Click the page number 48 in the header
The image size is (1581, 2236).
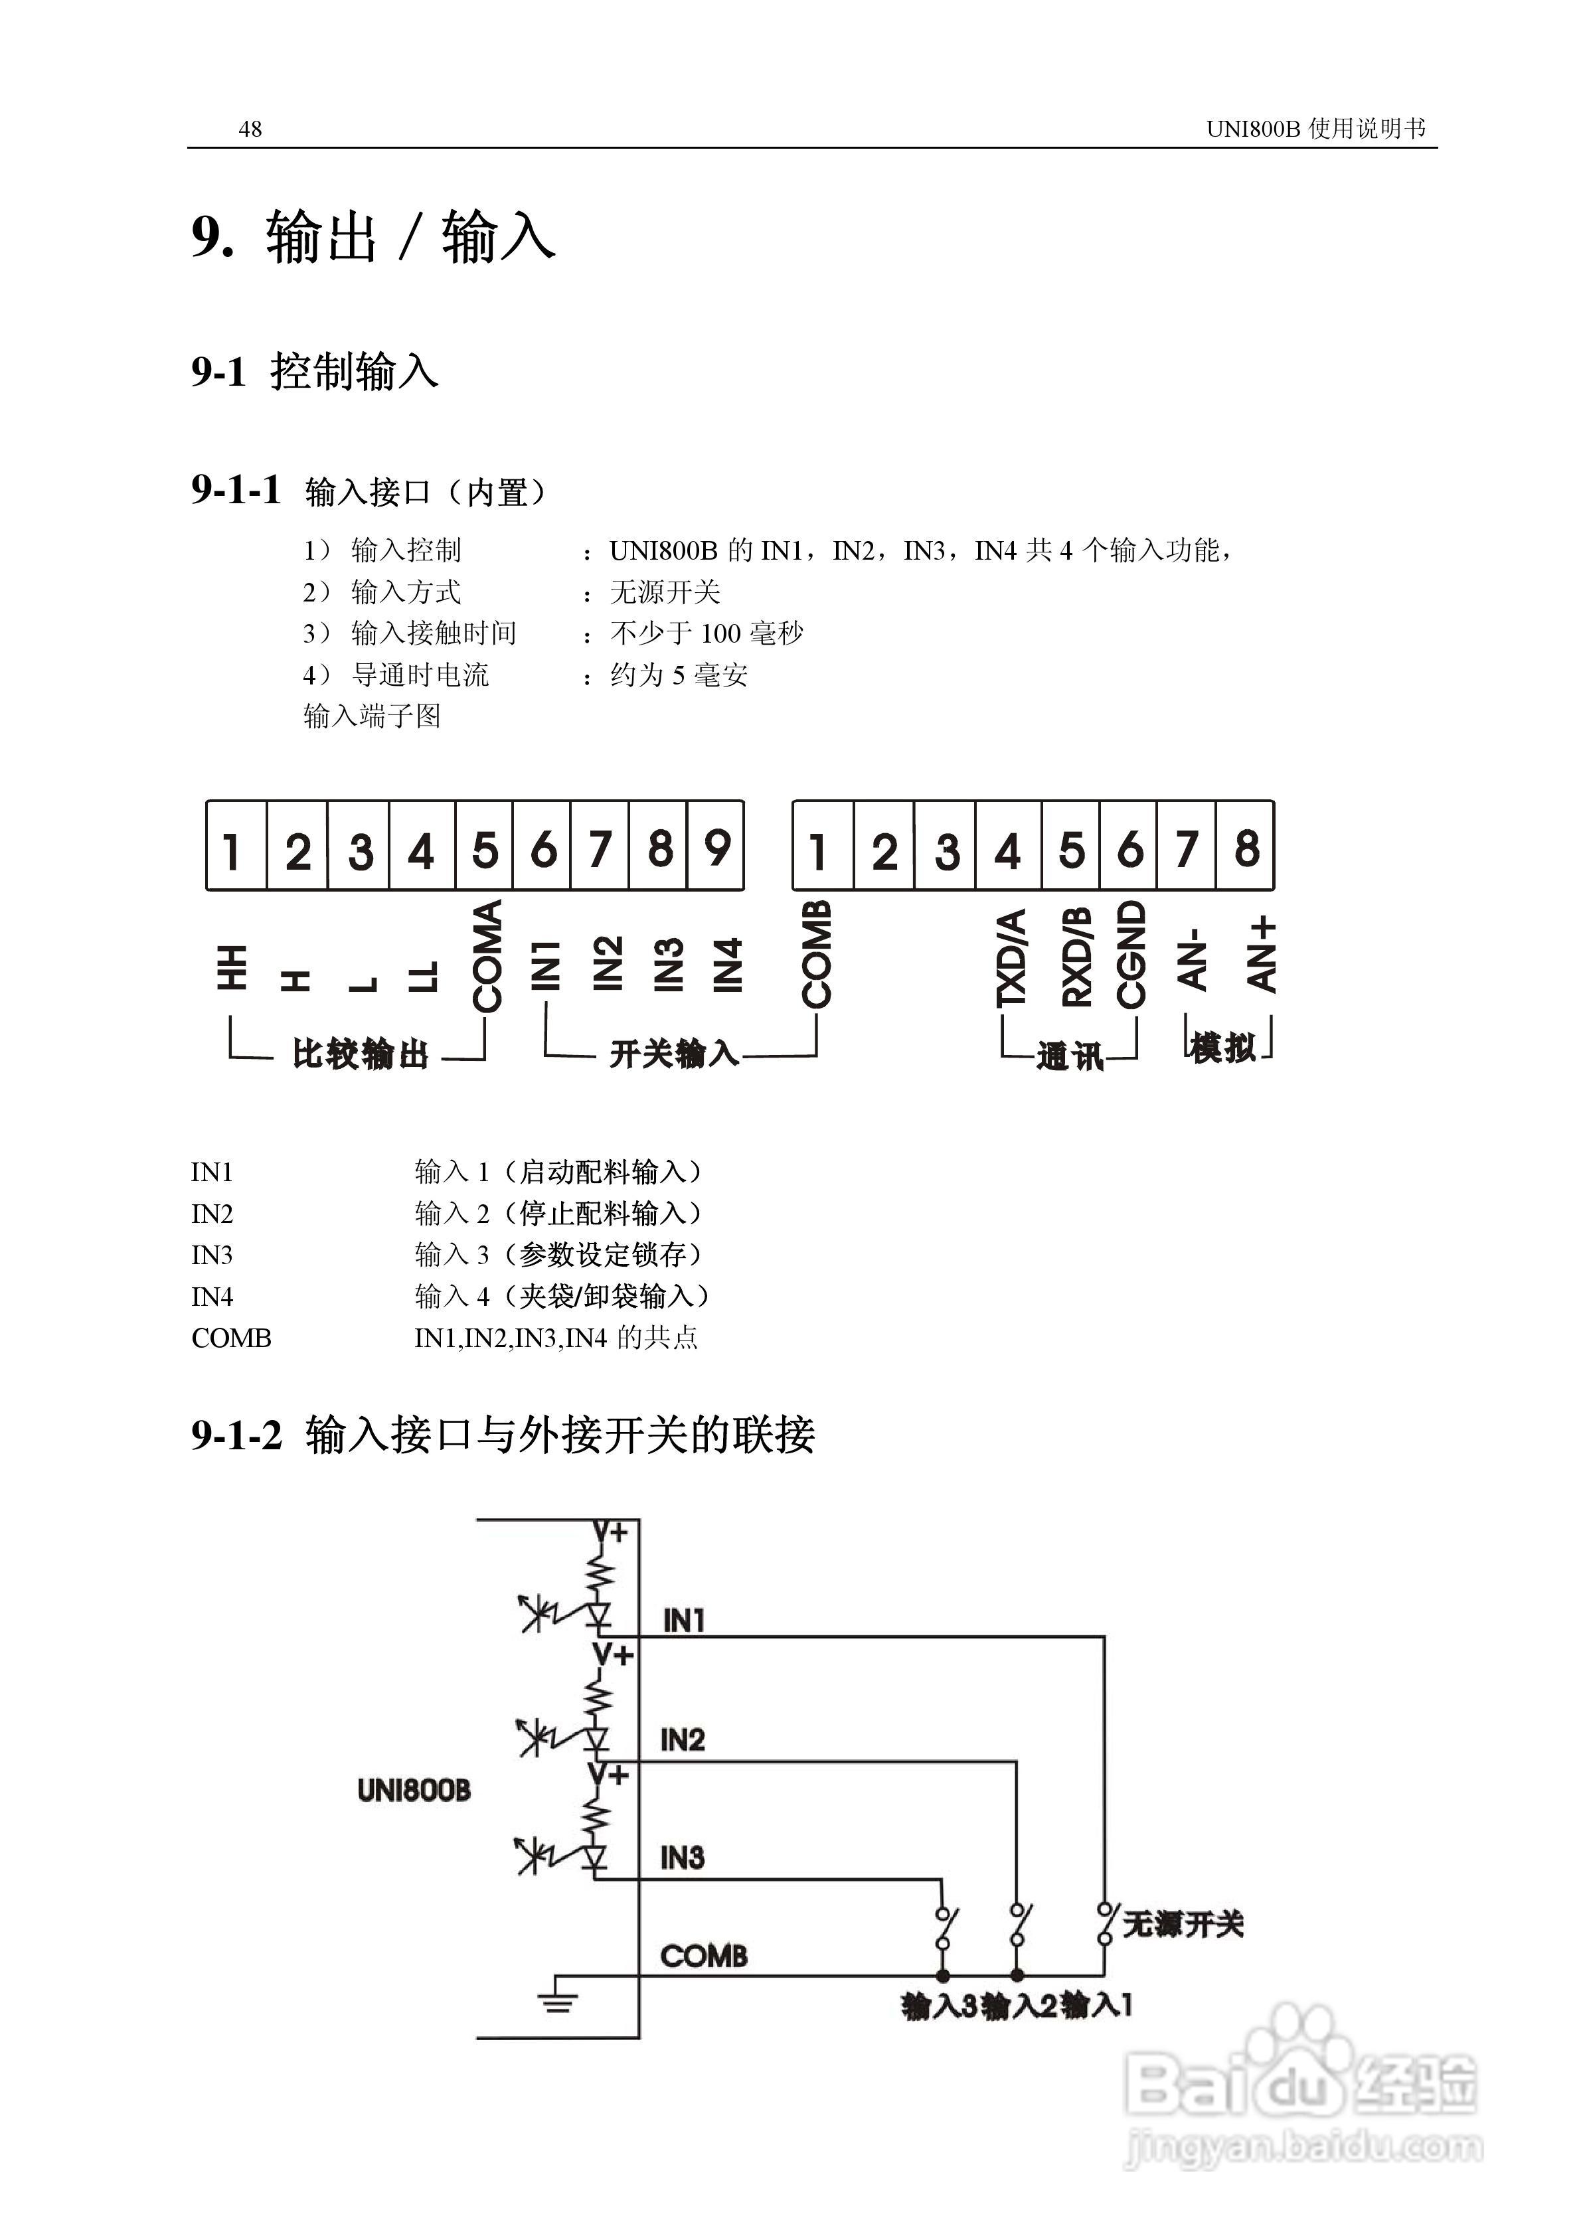tap(250, 129)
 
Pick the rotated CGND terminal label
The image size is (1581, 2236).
tap(1130, 955)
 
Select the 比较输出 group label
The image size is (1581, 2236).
tap(361, 1054)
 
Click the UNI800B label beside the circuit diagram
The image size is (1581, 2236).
tap(414, 1790)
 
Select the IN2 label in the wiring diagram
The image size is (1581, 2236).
tap(682, 1740)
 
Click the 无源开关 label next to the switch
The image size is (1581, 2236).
tap(1183, 1925)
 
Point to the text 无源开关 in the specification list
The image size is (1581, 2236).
tap(665, 592)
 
